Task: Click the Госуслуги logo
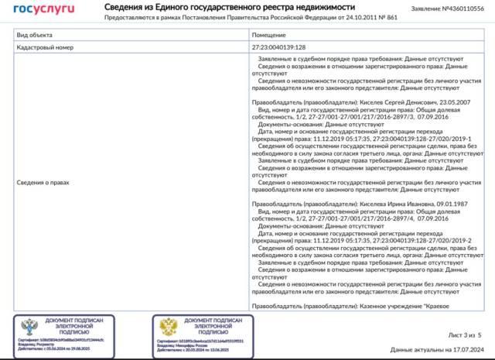(43, 9)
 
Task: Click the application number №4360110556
(463, 9)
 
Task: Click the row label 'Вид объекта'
(36, 36)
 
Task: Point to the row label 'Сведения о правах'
(44, 183)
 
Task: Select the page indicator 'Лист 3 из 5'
(465, 335)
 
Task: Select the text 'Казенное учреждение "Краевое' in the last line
(403, 307)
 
